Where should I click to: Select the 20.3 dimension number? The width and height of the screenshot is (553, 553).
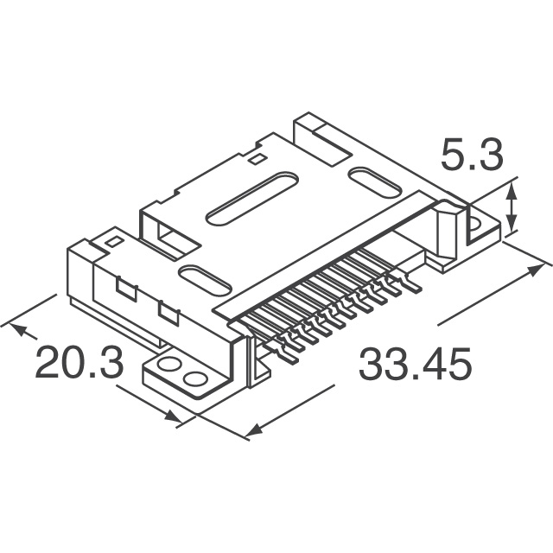click(x=79, y=364)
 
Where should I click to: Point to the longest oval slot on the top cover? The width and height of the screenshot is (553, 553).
click(x=251, y=198)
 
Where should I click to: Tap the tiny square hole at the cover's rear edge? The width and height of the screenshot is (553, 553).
click(x=257, y=159)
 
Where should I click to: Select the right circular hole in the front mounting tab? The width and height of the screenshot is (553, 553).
click(x=196, y=378)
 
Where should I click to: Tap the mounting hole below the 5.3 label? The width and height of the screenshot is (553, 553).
click(x=475, y=227)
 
